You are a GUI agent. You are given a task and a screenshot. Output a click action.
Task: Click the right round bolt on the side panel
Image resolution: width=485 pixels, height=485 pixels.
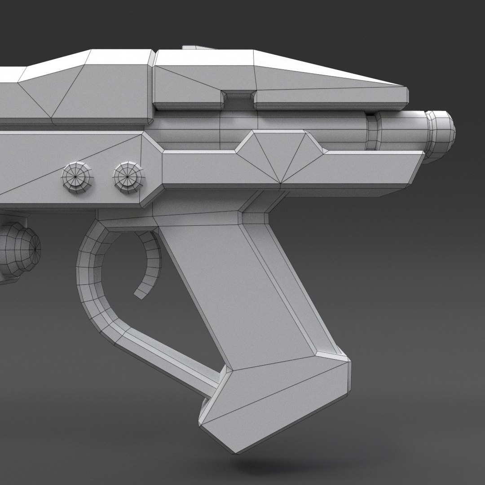click(x=128, y=178)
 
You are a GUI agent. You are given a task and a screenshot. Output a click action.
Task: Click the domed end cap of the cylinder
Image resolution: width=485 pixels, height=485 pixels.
click(x=440, y=133)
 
